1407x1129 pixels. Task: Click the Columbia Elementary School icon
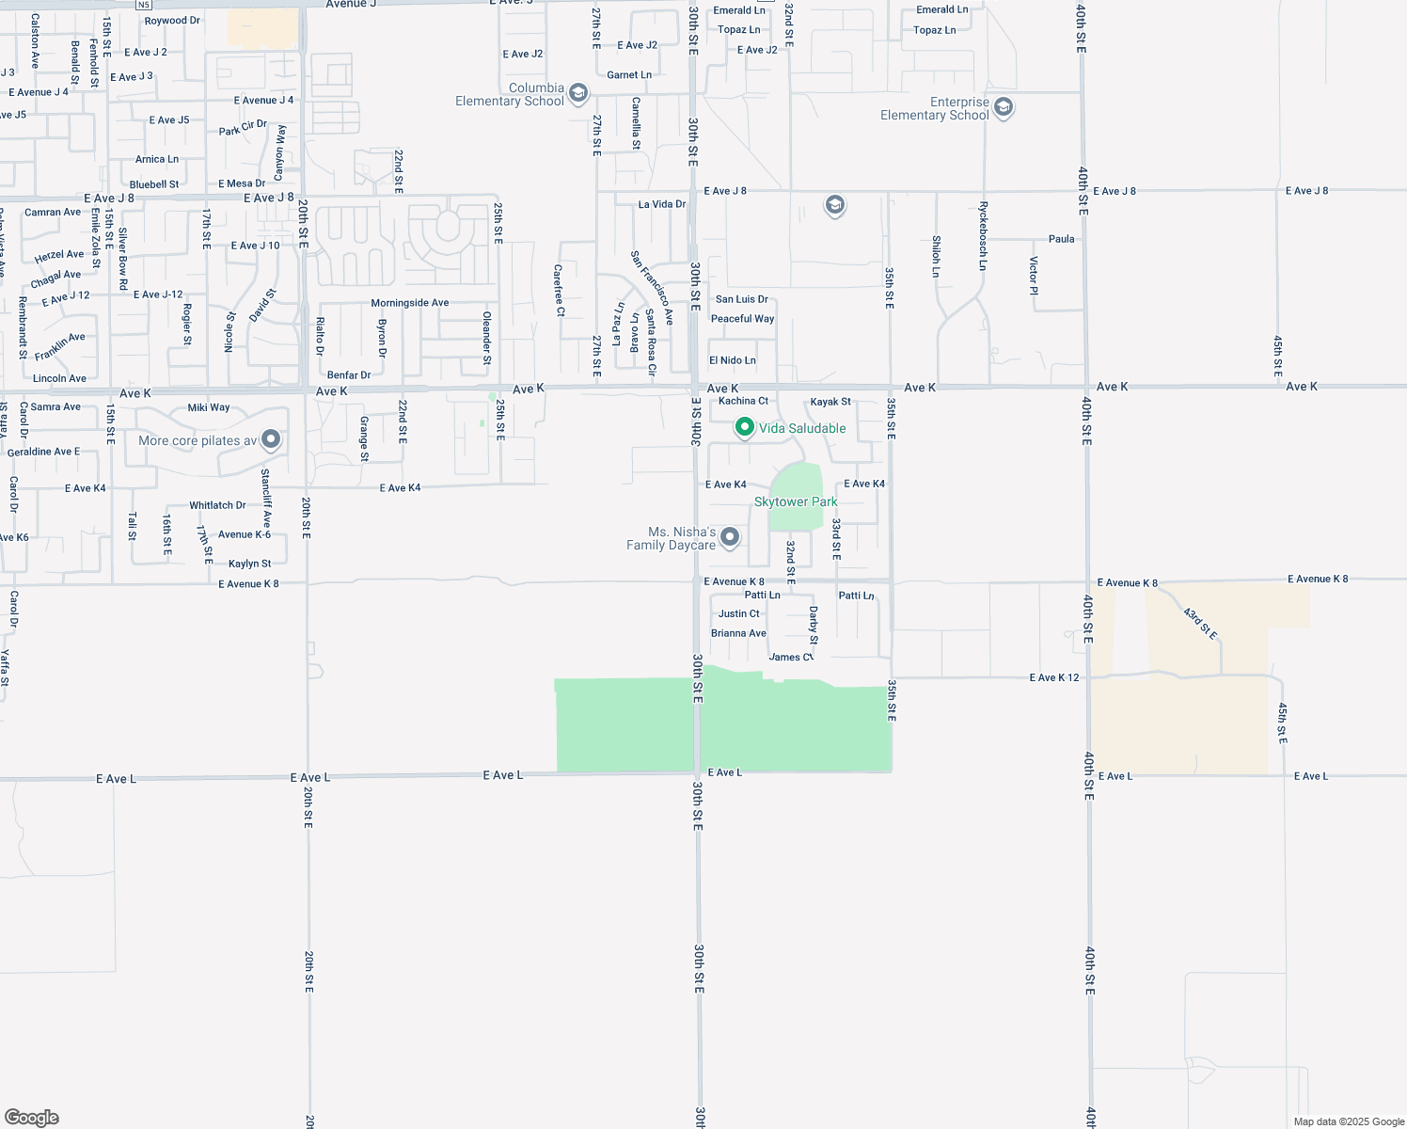pyautogui.click(x=578, y=92)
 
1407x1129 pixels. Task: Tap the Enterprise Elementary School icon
pyautogui.click(x=1004, y=107)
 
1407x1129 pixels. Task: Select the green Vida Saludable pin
pyautogui.click(x=744, y=428)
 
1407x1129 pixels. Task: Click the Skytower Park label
pyautogui.click(x=796, y=501)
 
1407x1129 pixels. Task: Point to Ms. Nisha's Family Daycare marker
pyautogui.click(x=730, y=537)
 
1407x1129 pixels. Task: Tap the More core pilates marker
pyautogui.click(x=271, y=439)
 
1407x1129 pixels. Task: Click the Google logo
pyautogui.click(x=31, y=1118)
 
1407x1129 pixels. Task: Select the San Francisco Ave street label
pyautogui.click(x=652, y=288)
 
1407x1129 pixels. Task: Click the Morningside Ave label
pyautogui.click(x=409, y=303)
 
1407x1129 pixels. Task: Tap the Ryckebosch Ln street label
pyautogui.click(x=983, y=235)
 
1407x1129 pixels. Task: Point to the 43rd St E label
pyautogui.click(x=1200, y=624)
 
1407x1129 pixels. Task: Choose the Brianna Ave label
pyautogui.click(x=738, y=633)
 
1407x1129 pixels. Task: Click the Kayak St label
pyautogui.click(x=830, y=402)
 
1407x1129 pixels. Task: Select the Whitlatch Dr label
pyautogui.click(x=217, y=505)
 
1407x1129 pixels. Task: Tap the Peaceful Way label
pyautogui.click(x=742, y=319)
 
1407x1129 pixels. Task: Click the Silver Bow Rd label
pyautogui.click(x=123, y=251)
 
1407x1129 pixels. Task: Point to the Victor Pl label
pyautogui.click(x=1033, y=276)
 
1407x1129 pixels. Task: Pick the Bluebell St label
pyautogui.click(x=154, y=184)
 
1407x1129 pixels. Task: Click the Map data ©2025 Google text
pyautogui.click(x=1349, y=1121)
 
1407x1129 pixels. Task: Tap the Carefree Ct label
pyautogui.click(x=559, y=291)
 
